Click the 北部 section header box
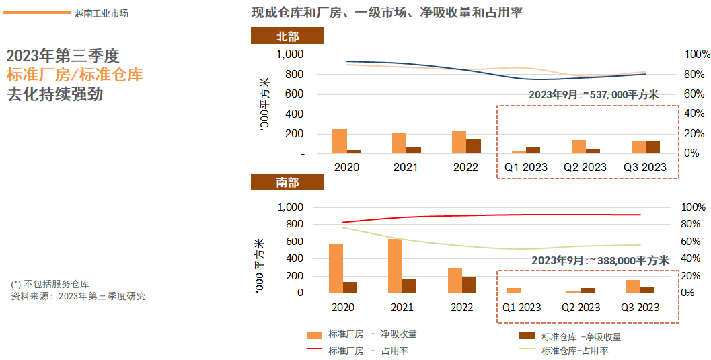point(287,36)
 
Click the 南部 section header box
point(287,182)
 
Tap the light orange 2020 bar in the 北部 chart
point(340,141)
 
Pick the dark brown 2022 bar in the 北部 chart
point(474,146)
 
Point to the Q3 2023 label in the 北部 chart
point(644,167)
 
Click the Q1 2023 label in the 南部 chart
point(521,307)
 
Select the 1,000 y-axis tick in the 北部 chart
point(290,55)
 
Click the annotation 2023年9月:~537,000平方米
point(593,95)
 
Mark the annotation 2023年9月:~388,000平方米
point(600,260)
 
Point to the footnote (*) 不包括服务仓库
point(50,284)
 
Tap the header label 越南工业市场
point(102,13)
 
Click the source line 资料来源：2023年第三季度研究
point(79,296)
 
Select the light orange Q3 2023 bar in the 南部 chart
point(633,286)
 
